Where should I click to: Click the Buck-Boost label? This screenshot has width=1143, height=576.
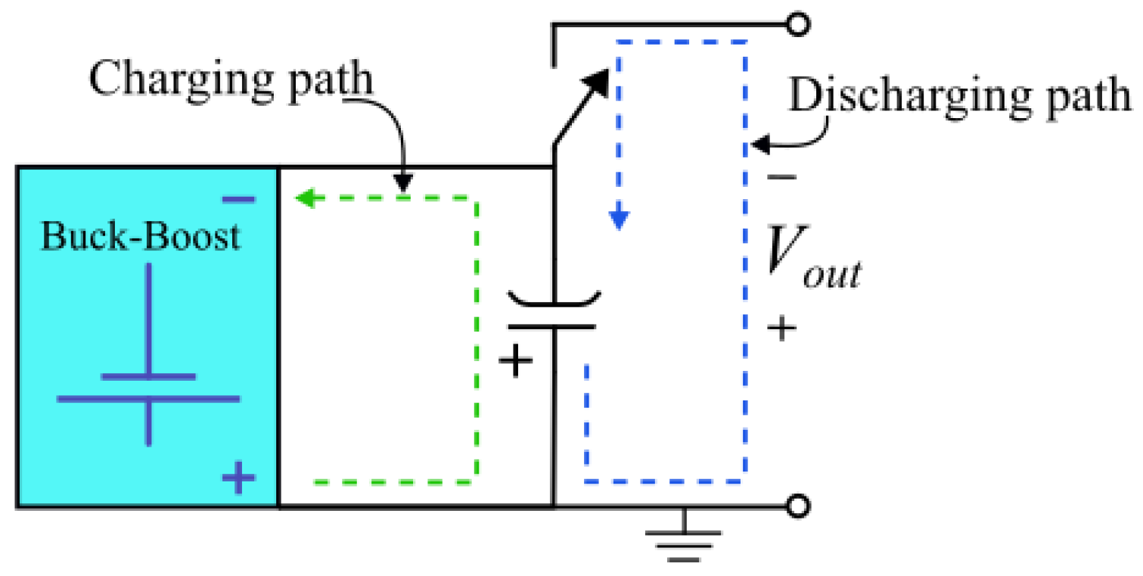(x=141, y=236)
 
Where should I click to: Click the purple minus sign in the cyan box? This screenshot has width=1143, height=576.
(x=238, y=200)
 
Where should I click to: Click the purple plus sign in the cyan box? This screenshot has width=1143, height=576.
(x=238, y=478)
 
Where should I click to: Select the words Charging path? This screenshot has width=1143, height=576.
(x=231, y=79)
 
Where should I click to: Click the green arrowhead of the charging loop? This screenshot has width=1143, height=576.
(x=304, y=199)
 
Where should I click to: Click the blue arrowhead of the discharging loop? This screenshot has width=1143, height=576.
(x=619, y=220)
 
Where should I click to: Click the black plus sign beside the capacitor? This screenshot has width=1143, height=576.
(x=517, y=362)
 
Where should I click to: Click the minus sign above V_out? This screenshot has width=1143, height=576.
(x=781, y=178)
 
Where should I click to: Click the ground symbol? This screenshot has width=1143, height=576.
(x=684, y=540)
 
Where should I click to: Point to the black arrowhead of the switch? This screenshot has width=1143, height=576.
(x=598, y=79)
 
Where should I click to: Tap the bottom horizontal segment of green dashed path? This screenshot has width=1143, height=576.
(x=393, y=481)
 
